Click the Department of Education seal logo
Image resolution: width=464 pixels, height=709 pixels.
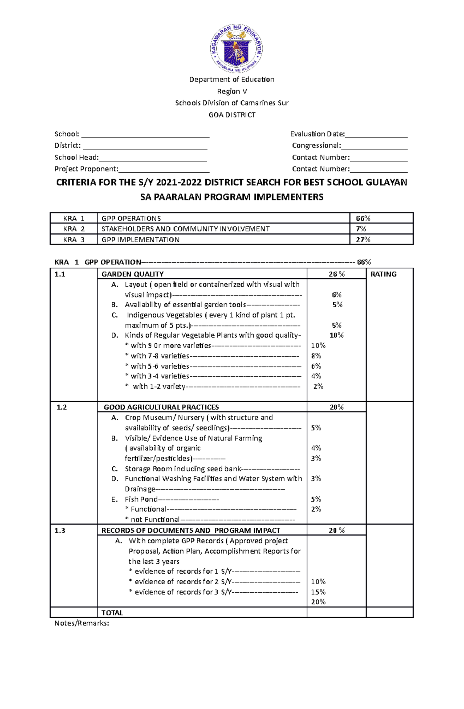pos(236,48)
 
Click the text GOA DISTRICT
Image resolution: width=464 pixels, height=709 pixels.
pos(232,115)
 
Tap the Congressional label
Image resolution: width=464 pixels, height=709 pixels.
pos(316,145)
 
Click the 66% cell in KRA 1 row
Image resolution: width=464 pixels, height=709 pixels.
pos(363,218)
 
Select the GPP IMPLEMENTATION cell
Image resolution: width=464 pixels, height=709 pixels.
pos(140,240)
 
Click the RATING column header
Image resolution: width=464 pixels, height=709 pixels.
pos(383,274)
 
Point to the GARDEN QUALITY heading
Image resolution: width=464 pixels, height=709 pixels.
pos(133,274)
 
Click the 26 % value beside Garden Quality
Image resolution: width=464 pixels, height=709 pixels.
pos(336,274)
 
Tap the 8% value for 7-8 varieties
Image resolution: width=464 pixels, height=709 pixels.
pos(316,355)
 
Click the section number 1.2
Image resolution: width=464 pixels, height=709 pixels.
pos(61,407)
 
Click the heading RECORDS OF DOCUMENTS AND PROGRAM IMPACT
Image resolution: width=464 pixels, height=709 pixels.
pos(191,530)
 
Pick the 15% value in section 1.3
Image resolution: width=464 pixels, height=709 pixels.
pos(318,592)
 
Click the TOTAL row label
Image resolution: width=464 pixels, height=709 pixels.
pos(112,613)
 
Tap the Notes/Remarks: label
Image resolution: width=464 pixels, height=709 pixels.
pos(82,623)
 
